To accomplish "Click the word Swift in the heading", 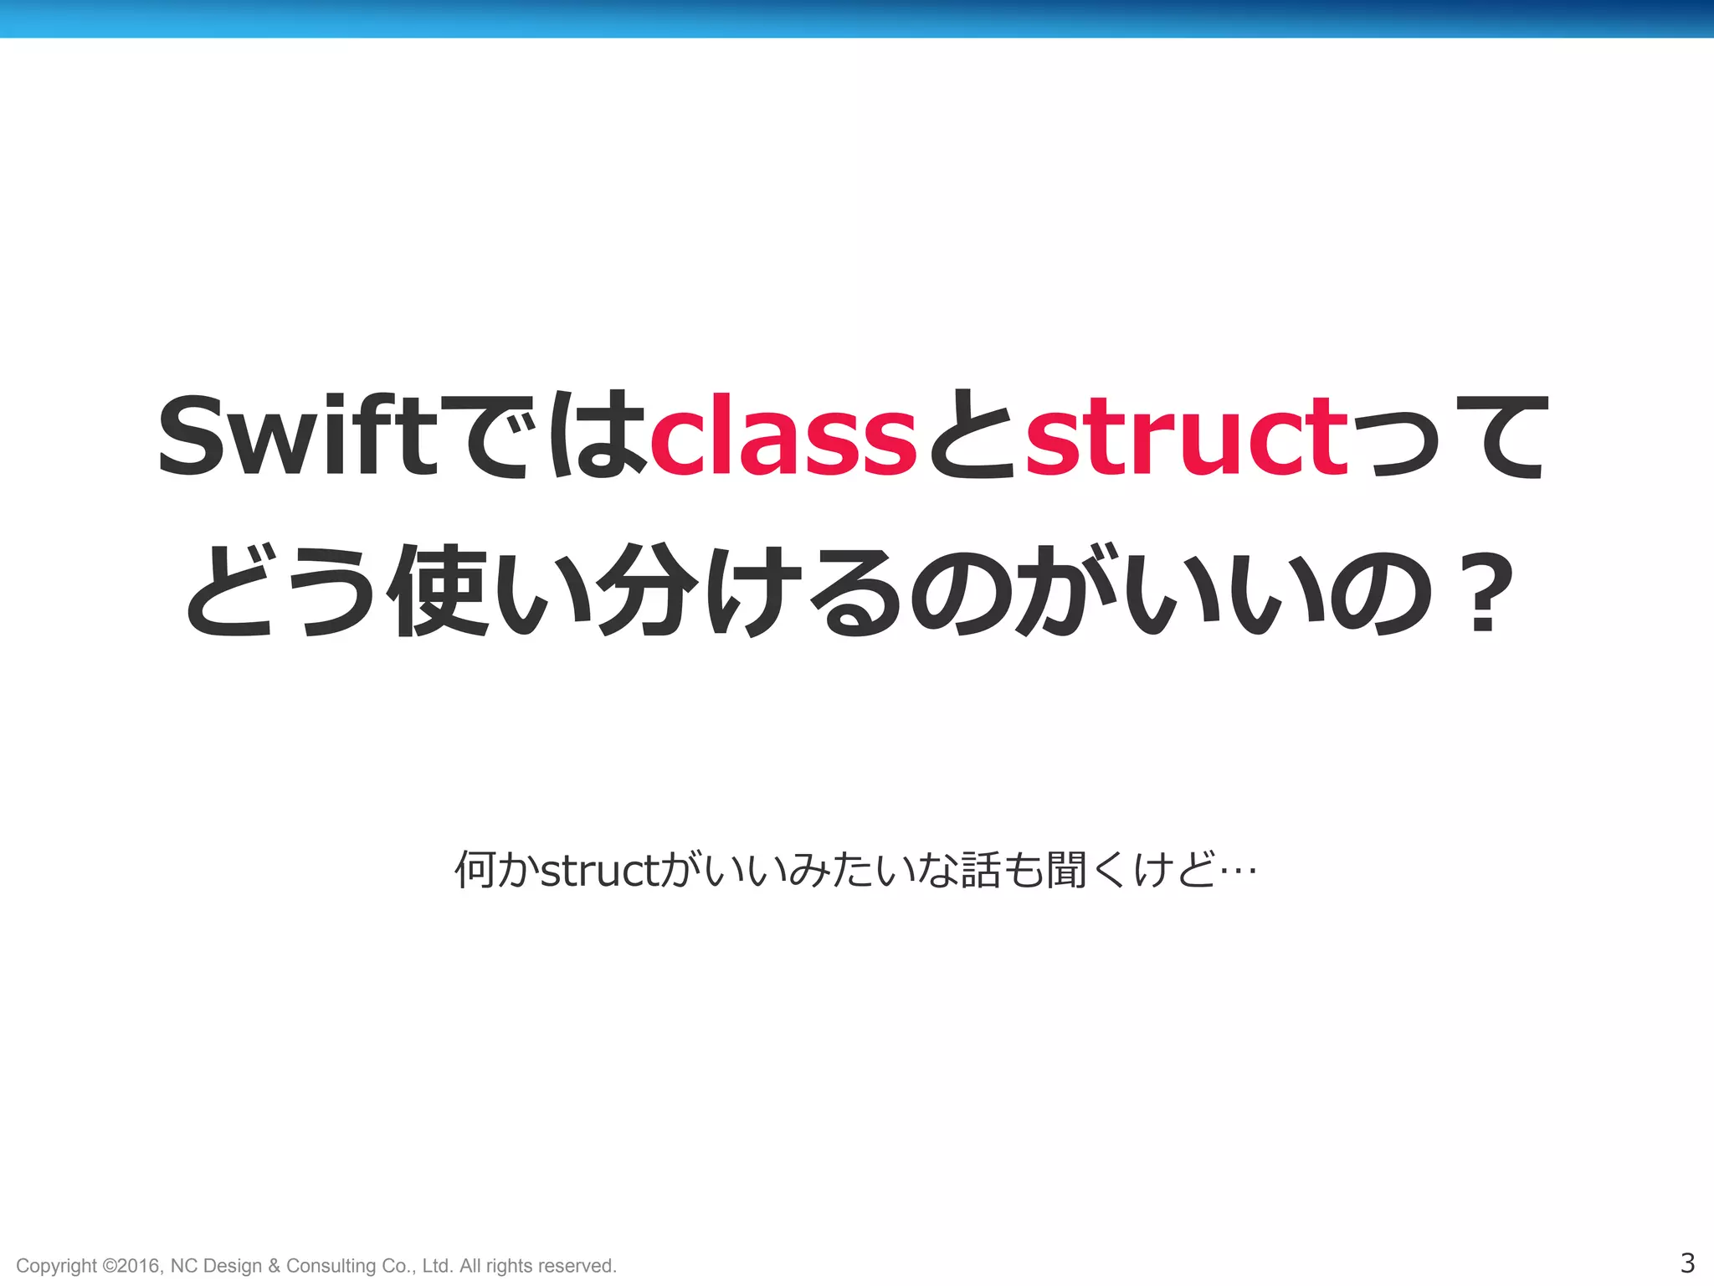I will [298, 435].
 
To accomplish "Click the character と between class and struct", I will [971, 435].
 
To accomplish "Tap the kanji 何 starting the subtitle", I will [475, 870].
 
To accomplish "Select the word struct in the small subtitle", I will [599, 872].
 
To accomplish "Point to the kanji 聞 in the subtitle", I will [1066, 870].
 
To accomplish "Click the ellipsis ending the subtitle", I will [1239, 872].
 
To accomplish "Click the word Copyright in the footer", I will [57, 1266].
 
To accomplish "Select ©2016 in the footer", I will [131, 1265].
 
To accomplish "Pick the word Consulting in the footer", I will [331, 1266].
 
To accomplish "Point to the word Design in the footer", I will [232, 1266].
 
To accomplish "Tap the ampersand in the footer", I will [275, 1266].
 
